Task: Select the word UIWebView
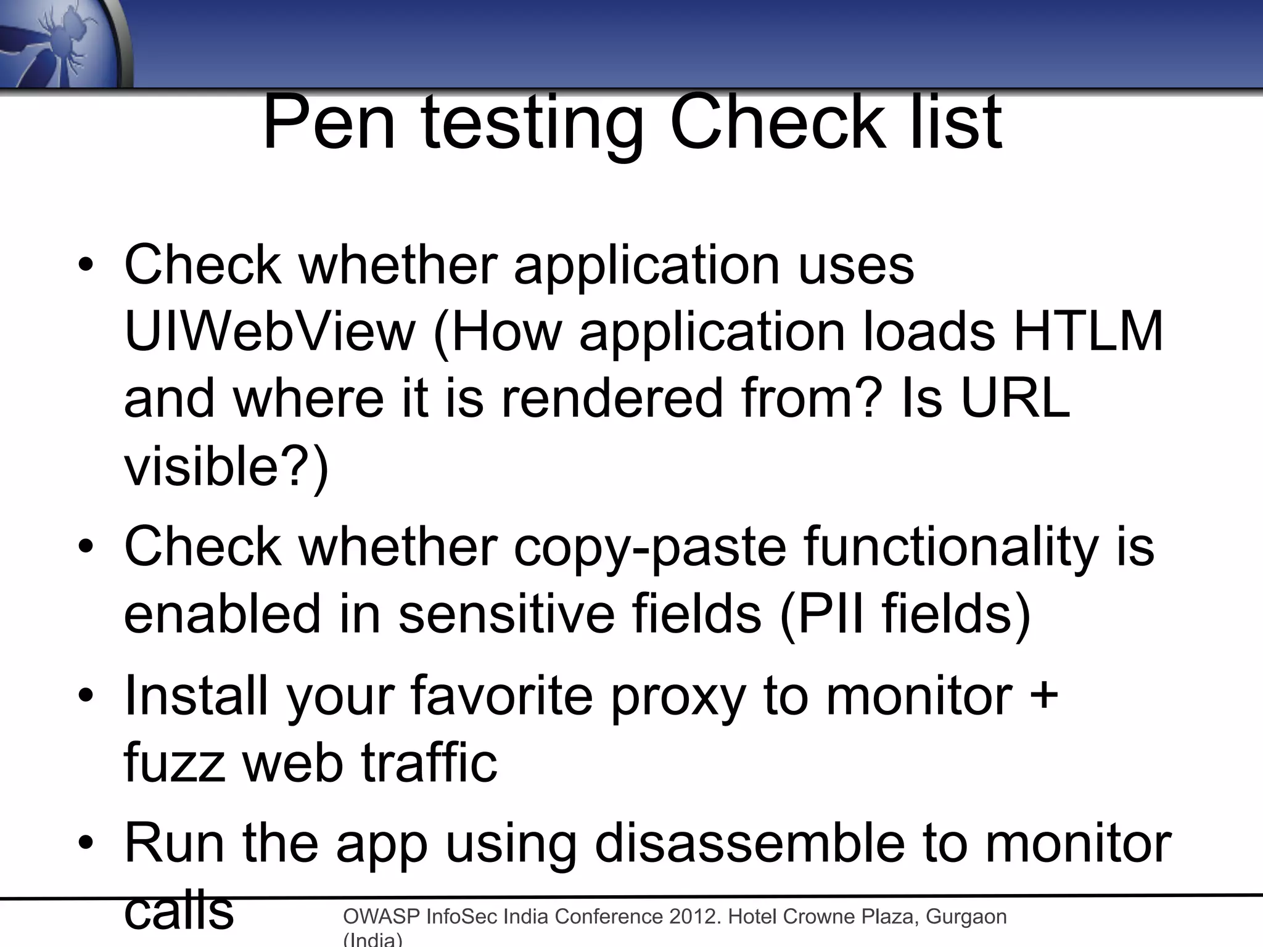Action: tap(270, 332)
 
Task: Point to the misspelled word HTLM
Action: tap(1088, 332)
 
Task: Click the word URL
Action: tap(1015, 398)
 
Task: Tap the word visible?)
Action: tap(226, 466)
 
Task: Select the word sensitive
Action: tap(506, 614)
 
